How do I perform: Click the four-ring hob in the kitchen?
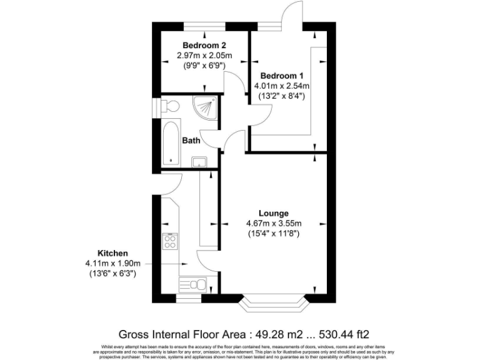point(170,241)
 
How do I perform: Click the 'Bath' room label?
point(191,141)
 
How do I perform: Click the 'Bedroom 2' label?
point(204,46)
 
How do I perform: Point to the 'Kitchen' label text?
point(113,253)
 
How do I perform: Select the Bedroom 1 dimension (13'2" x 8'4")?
point(281,96)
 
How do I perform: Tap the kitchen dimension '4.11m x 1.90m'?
point(113,264)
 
